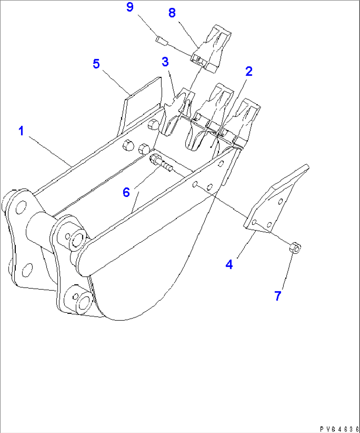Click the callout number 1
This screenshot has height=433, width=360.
click(x=21, y=131)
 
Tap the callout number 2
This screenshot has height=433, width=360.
click(x=248, y=72)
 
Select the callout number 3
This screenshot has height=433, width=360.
click(x=165, y=61)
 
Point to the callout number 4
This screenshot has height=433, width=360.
click(x=229, y=264)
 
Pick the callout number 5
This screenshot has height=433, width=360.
click(x=96, y=63)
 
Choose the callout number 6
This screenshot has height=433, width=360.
click(x=126, y=192)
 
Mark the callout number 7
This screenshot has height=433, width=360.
click(x=277, y=296)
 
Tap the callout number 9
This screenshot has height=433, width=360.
click(x=130, y=7)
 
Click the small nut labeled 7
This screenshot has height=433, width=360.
click(x=295, y=248)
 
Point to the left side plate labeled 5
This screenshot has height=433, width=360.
click(x=142, y=106)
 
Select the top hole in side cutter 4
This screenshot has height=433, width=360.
click(x=280, y=201)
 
